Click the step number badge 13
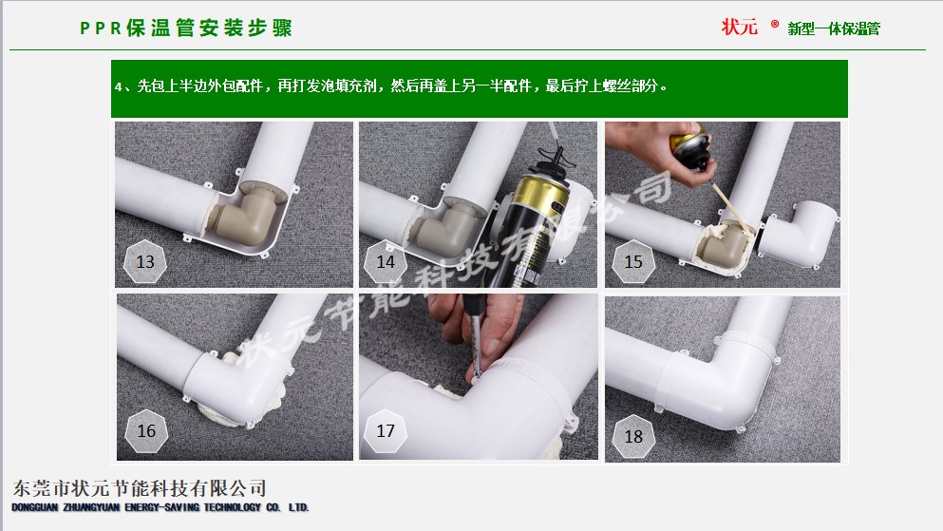coord(145,261)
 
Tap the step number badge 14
coord(386,261)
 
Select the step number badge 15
coord(633,261)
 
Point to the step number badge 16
coord(146,431)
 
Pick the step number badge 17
coord(386,431)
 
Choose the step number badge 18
coord(633,436)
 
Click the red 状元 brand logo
coord(739,27)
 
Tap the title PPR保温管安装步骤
coord(186,28)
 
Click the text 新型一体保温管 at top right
coord(834,28)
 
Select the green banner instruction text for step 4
coord(391,86)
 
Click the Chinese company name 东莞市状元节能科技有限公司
coord(139,487)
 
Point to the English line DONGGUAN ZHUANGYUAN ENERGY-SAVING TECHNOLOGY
coord(160,507)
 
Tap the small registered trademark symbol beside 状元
coord(775,24)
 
